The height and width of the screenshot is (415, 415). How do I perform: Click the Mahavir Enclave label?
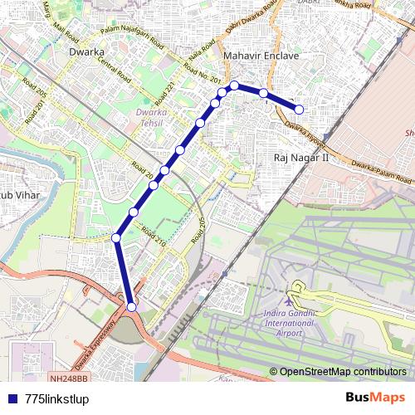pyautogui.click(x=261, y=56)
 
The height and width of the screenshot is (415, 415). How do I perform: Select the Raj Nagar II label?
pyautogui.click(x=301, y=156)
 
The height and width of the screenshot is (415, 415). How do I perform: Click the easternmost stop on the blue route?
pyautogui.click(x=300, y=109)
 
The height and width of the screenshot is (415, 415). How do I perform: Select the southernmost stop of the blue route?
pyautogui.click(x=131, y=308)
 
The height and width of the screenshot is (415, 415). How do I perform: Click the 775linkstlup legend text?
pyautogui.click(x=57, y=398)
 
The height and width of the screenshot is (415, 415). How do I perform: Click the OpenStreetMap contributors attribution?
pyautogui.click(x=343, y=371)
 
